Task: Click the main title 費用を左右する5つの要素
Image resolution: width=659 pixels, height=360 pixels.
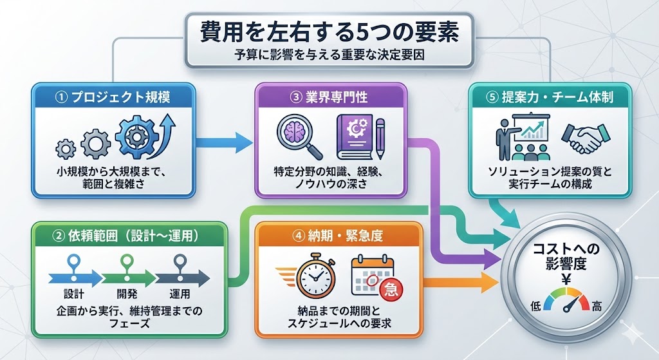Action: point(329,30)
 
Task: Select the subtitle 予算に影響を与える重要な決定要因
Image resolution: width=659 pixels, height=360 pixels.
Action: point(329,54)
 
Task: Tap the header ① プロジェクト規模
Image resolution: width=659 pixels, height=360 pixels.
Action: point(114,97)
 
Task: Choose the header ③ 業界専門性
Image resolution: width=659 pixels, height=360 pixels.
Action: point(330,97)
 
